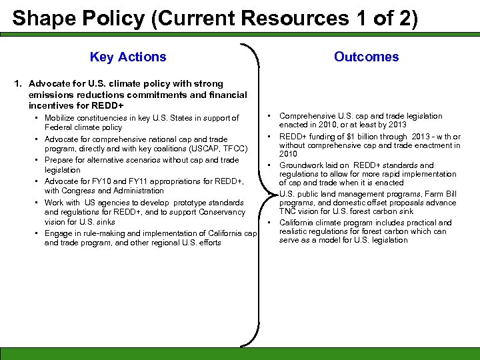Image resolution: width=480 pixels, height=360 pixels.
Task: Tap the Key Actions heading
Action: tap(128, 57)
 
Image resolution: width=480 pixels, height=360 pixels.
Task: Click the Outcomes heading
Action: tap(366, 57)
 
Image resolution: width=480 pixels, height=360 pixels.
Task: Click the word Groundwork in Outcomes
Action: tap(302, 165)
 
